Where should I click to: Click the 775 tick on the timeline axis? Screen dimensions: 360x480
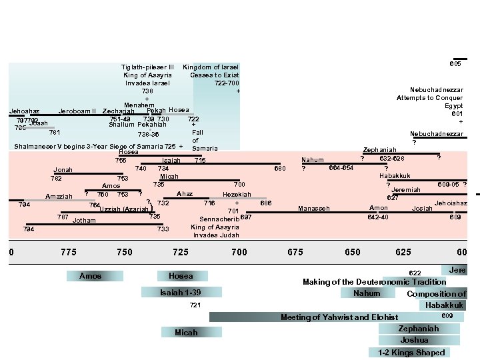point(68,252)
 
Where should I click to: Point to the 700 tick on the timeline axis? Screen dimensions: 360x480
point(239,252)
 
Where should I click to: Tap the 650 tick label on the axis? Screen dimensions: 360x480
point(352,252)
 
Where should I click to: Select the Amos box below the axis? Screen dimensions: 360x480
point(91,276)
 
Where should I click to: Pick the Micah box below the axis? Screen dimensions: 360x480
point(186,332)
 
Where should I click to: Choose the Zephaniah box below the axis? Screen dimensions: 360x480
point(418,329)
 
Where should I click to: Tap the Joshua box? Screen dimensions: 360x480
point(414,340)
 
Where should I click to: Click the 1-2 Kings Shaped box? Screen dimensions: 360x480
point(411,353)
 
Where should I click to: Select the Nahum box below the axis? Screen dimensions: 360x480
point(367,293)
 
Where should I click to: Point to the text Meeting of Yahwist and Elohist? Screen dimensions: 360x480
point(339,317)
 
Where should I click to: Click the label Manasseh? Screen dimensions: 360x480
point(314,209)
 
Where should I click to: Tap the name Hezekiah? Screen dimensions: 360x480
point(237,195)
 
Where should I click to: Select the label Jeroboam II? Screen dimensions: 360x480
point(77,111)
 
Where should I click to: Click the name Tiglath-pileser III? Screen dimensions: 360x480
point(147,67)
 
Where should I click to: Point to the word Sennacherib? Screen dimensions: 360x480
point(219,218)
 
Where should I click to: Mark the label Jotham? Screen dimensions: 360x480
point(84,220)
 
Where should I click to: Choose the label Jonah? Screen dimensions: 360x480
point(63,170)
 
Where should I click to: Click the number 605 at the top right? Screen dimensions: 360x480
point(455,64)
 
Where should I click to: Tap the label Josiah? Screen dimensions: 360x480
point(422,209)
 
